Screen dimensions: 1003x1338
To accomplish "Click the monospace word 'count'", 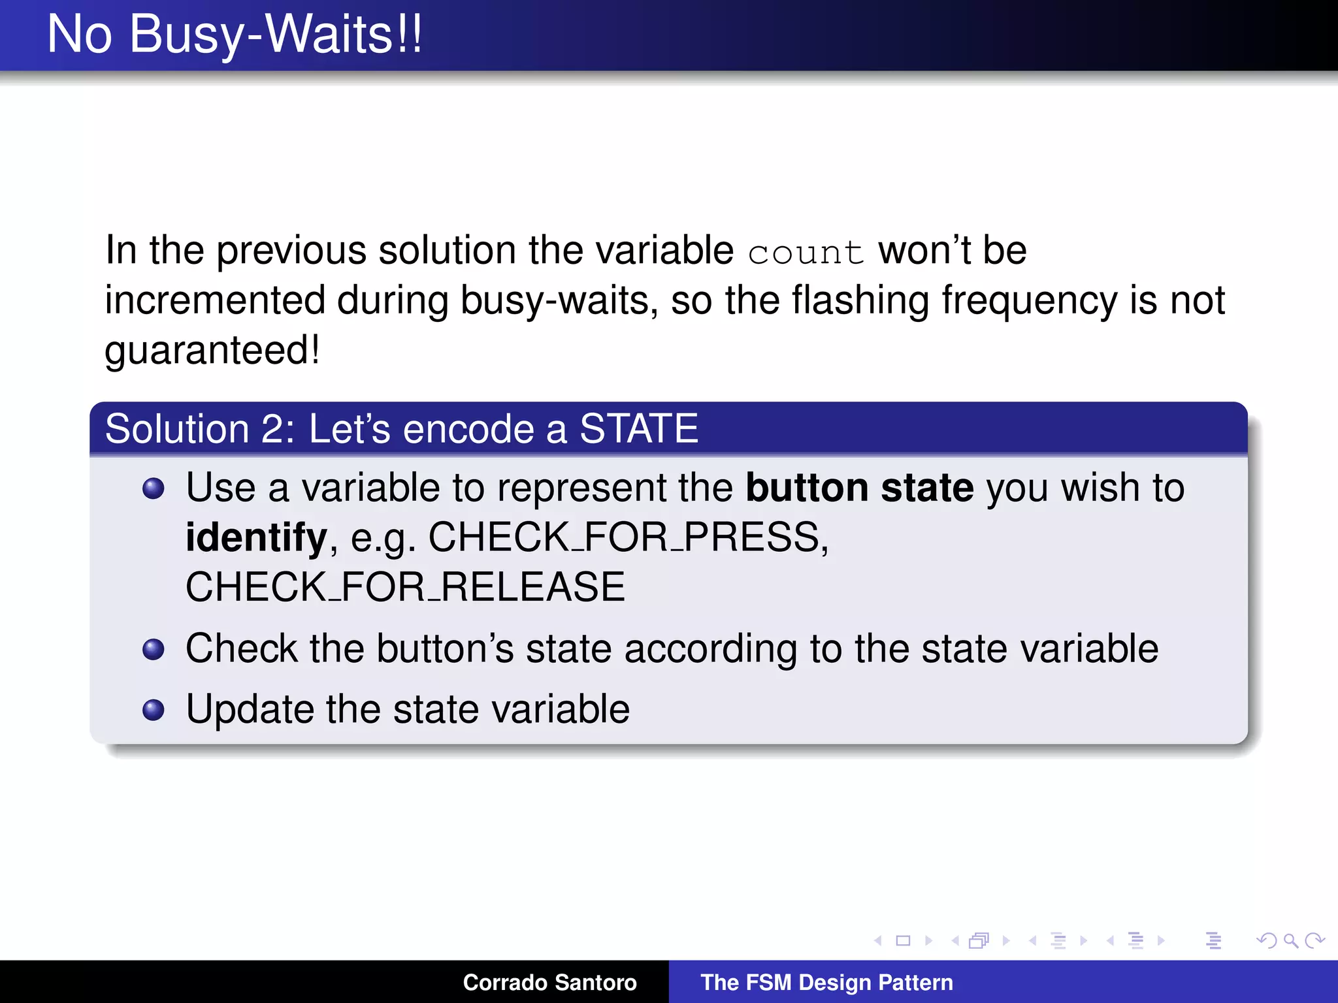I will pyautogui.click(x=806, y=252).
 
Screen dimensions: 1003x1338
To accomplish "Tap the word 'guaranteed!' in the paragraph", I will pyautogui.click(x=212, y=351).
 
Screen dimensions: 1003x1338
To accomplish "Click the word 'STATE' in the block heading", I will pyautogui.click(x=638, y=429).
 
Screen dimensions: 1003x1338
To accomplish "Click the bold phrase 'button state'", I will pyautogui.click(x=859, y=488).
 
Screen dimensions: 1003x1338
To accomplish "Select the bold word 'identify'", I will pyautogui.click(x=256, y=537).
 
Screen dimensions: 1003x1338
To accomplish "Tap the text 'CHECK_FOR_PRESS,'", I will pyautogui.click(x=628, y=537).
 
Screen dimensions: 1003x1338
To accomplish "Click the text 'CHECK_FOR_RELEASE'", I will pyautogui.click(x=405, y=587).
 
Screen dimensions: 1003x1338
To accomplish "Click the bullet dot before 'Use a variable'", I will pyautogui.click(x=154, y=488).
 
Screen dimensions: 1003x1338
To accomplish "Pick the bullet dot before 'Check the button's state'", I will pyautogui.click(x=154, y=649).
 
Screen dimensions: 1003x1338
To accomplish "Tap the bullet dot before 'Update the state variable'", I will pyautogui.click(x=154, y=710).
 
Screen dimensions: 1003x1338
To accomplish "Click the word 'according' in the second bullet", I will pyautogui.click(x=710, y=649).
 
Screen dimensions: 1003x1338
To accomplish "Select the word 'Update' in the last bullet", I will pyautogui.click(x=250, y=710).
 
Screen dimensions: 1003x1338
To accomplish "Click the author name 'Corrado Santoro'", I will pyautogui.click(x=549, y=982).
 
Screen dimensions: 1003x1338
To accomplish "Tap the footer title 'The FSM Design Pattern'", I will pyautogui.click(x=826, y=982).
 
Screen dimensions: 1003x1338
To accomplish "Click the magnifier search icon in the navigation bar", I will pyautogui.click(x=1290, y=940).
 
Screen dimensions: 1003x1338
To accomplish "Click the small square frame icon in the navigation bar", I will pyautogui.click(x=903, y=940).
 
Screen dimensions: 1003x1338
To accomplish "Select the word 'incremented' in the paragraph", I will pyautogui.click(x=215, y=301).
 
